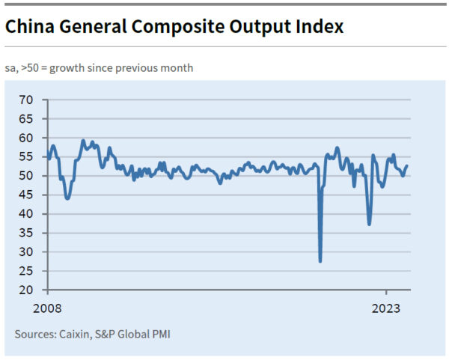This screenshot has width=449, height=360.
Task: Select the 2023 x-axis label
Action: pyautogui.click(x=387, y=308)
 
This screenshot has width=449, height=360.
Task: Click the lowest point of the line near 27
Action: pyautogui.click(x=320, y=260)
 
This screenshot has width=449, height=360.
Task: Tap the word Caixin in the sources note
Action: pyautogui.click(x=79, y=333)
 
